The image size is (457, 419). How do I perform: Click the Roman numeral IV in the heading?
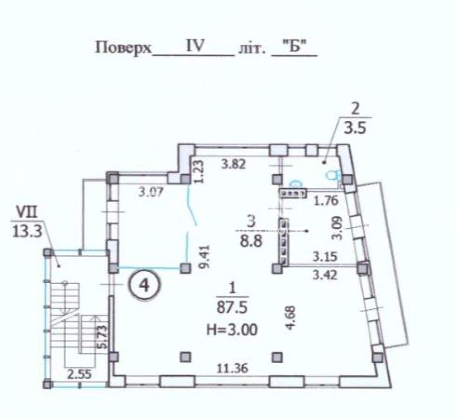[194, 46]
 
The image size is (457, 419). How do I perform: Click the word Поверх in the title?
[123, 48]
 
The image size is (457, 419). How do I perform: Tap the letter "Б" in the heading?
[294, 48]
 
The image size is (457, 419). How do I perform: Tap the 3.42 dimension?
[325, 275]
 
